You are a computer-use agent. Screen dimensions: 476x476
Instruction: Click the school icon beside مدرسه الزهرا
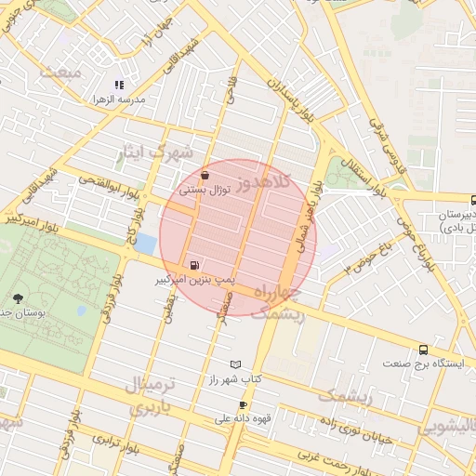[x=119, y=85]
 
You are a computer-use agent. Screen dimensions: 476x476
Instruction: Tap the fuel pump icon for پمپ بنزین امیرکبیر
[x=193, y=264]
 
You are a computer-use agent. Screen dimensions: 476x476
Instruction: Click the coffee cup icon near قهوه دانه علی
[x=243, y=404]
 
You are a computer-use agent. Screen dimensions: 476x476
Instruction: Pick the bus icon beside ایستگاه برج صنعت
[x=424, y=350]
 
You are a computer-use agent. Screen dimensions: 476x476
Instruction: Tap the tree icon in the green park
[x=19, y=298]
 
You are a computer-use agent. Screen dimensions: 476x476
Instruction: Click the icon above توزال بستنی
[x=205, y=174]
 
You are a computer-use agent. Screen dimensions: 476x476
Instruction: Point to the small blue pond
[x=146, y=245]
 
